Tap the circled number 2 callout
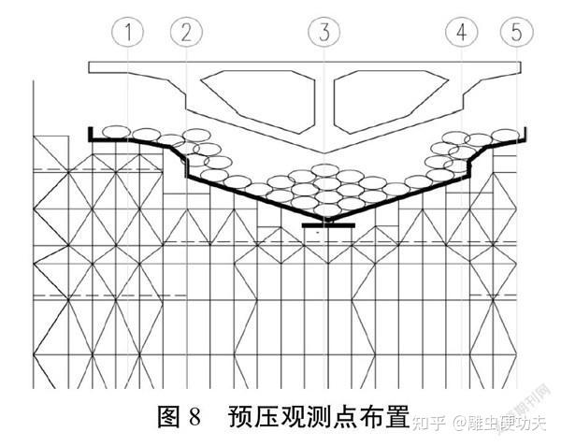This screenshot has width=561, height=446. (186, 33)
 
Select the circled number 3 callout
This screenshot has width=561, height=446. (324, 33)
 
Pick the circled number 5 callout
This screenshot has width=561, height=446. (515, 33)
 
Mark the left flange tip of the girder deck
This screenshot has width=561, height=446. (91, 66)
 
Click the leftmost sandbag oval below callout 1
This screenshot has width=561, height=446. (115, 132)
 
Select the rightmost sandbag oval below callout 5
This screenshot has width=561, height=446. (505, 132)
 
